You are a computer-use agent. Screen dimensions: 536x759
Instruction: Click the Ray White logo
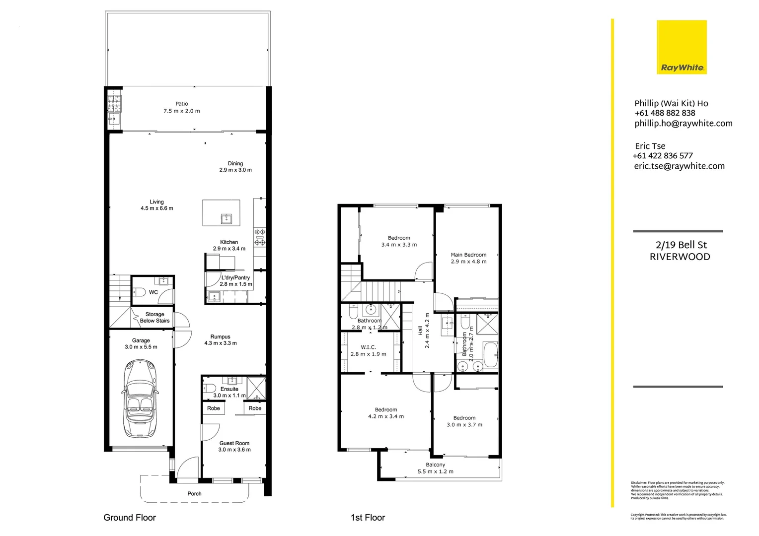(x=682, y=47)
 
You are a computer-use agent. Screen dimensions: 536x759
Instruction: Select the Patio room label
(x=182, y=104)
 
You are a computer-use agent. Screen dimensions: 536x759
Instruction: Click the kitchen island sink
(x=227, y=218)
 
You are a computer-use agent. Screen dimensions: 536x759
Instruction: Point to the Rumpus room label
(x=220, y=336)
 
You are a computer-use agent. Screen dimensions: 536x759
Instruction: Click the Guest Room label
(x=234, y=443)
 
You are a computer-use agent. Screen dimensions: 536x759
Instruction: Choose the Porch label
(x=194, y=494)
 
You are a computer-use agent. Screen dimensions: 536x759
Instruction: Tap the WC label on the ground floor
(x=153, y=292)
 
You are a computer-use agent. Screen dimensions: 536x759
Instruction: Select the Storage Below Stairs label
(x=154, y=318)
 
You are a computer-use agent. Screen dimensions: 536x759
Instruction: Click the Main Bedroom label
(x=468, y=255)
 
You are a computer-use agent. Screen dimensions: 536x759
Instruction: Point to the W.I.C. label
(x=368, y=347)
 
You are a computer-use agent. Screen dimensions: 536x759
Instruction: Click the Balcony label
(x=435, y=465)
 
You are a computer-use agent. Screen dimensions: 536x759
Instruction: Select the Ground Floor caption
(x=130, y=518)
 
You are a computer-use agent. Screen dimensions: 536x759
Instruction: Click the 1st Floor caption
(x=368, y=518)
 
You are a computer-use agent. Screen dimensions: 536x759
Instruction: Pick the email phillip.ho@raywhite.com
(x=683, y=124)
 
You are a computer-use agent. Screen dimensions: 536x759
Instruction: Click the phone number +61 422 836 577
(x=663, y=156)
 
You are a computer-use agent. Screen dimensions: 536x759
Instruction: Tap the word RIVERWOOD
(x=680, y=257)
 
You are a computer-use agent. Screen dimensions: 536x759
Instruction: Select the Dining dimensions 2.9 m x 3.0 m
(x=235, y=170)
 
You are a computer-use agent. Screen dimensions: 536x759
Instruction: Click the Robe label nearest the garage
(x=214, y=408)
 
